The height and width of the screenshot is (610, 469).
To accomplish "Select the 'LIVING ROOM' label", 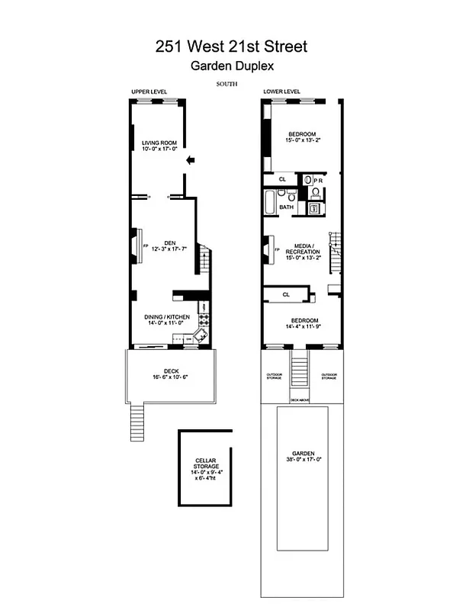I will tap(159, 143).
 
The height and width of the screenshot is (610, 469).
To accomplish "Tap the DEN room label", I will tap(159, 242).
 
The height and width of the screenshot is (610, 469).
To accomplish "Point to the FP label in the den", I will tap(144, 246).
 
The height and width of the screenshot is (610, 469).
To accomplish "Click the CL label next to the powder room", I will tap(281, 181).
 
